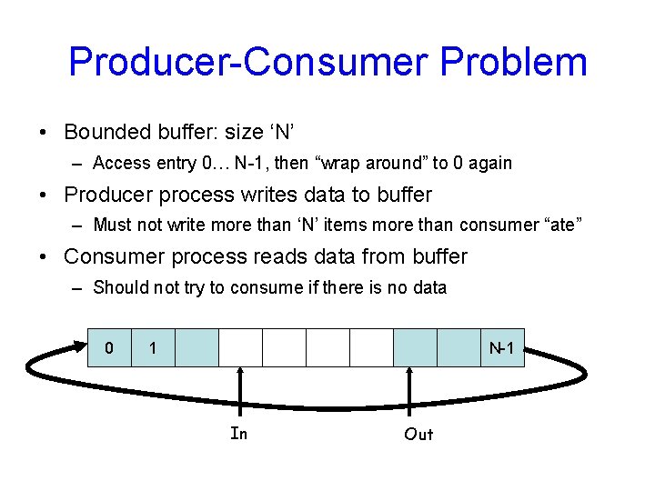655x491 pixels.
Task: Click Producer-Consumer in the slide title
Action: (247, 62)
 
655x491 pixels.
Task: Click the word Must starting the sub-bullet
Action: (112, 225)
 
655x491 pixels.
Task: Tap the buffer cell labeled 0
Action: (109, 347)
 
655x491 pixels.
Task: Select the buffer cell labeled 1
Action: (153, 347)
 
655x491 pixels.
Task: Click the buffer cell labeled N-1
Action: (503, 347)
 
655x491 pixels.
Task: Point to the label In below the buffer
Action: (239, 434)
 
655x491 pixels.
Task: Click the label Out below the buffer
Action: (418, 435)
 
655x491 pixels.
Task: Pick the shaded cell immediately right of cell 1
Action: (196, 347)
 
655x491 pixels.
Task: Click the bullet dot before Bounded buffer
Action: (45, 133)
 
